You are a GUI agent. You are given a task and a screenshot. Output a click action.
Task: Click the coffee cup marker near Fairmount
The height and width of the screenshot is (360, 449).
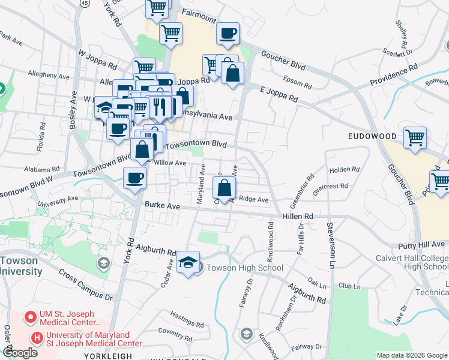pyautogui.click(x=228, y=34)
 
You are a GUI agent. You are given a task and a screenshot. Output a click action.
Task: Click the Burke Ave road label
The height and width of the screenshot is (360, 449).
pyautogui.click(x=163, y=205)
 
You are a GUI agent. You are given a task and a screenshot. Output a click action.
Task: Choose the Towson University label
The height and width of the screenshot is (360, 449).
pyautogui.click(x=22, y=266)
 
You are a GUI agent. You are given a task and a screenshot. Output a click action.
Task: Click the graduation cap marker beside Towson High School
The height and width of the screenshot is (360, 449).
pyautogui.click(x=188, y=263)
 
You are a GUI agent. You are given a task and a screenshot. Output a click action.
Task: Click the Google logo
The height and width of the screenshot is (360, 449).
pyautogui.click(x=20, y=353)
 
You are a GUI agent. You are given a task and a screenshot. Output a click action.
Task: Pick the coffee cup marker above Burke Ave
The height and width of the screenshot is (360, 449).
pyautogui.click(x=134, y=177)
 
